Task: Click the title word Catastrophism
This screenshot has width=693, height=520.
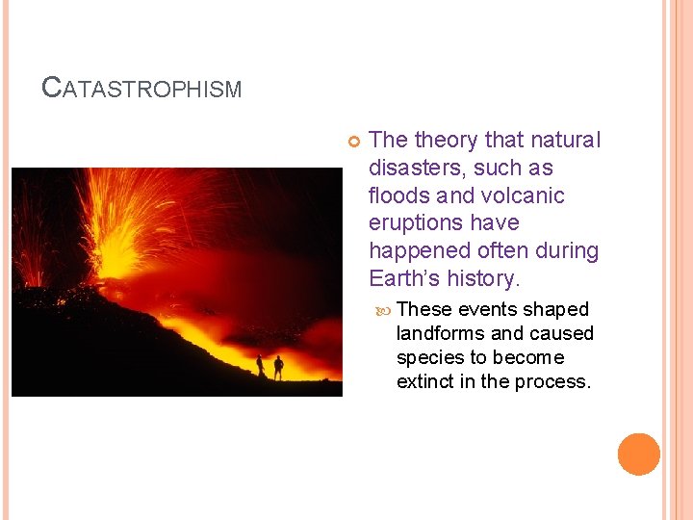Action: [141, 89]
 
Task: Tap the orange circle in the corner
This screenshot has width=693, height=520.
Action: [639, 455]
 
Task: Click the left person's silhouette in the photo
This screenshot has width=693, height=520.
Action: [260, 366]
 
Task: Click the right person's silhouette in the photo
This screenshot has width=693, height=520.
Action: [278, 367]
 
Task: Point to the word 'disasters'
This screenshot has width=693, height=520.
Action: [411, 169]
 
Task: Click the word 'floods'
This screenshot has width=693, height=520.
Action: [398, 196]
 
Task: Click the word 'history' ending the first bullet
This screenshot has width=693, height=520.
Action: [482, 279]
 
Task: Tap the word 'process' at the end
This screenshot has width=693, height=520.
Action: [556, 381]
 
